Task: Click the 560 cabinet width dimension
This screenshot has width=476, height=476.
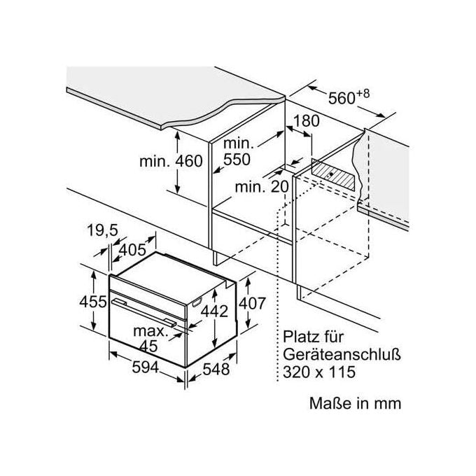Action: [342, 98]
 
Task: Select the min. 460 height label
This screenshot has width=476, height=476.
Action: [171, 161]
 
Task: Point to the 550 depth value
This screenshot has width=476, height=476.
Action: [237, 160]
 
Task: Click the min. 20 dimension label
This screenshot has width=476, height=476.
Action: [262, 187]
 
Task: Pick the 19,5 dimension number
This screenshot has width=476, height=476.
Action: [102, 230]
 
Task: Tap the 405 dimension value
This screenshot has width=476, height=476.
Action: [132, 250]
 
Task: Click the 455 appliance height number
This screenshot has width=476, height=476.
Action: [93, 302]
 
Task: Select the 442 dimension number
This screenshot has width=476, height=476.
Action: [215, 311]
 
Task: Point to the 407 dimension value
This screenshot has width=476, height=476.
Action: [252, 303]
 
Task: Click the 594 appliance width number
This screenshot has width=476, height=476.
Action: [146, 367]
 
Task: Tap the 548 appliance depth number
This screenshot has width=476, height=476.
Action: [216, 370]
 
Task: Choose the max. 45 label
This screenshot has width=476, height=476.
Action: [151, 339]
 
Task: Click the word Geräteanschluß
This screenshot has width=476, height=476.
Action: [342, 354]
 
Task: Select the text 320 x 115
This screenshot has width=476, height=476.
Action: [319, 372]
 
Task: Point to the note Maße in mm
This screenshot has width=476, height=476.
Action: [355, 403]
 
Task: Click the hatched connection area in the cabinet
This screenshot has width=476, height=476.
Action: [333, 174]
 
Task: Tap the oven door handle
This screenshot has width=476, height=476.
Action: [144, 313]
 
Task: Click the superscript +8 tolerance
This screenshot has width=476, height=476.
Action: [363, 94]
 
